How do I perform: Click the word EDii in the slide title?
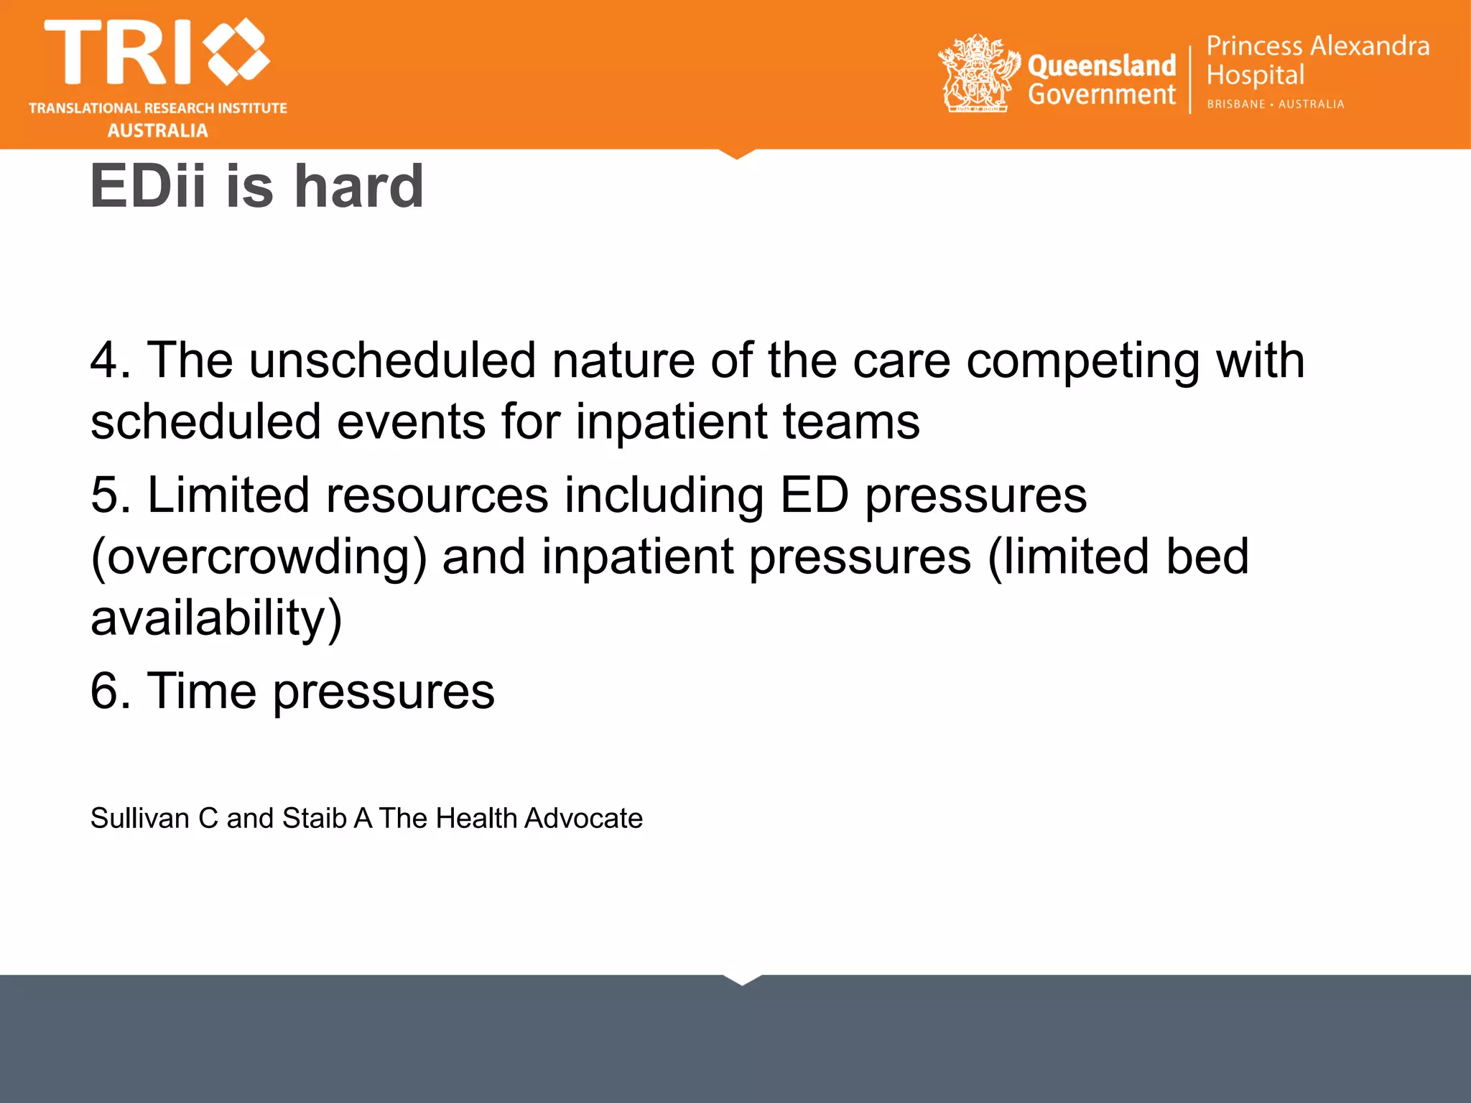click(x=147, y=187)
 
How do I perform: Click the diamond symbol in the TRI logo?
click(x=236, y=52)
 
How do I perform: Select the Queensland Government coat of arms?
click(x=978, y=74)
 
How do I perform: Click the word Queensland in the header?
click(x=1102, y=66)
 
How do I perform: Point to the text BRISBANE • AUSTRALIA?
click(x=1275, y=104)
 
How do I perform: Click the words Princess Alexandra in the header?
click(x=1317, y=46)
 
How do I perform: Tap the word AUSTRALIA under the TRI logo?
click(x=157, y=131)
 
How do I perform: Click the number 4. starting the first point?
click(x=110, y=360)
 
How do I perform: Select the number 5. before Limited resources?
click(x=110, y=495)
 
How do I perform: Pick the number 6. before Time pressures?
click(x=110, y=692)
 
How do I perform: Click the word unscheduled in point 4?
click(x=392, y=360)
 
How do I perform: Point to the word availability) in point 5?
click(x=215, y=619)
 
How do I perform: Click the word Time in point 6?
click(x=202, y=692)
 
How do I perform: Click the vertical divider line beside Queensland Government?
click(x=1190, y=79)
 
